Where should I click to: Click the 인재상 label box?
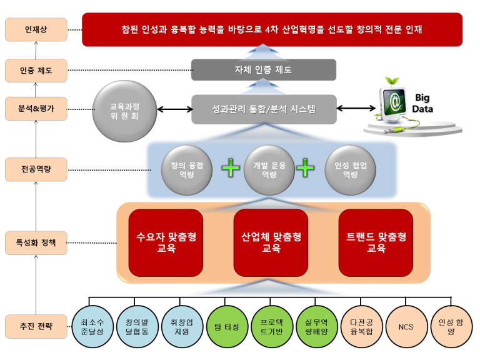click(36, 29)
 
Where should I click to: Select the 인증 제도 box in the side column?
click(36, 71)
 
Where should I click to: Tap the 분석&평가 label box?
click(36, 108)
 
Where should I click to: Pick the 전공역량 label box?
click(36, 169)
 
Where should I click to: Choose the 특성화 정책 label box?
click(36, 242)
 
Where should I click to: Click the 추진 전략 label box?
click(36, 326)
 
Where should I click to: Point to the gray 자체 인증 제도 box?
click(264, 70)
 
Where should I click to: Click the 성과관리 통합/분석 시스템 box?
click(264, 109)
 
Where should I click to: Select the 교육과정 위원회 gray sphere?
click(124, 111)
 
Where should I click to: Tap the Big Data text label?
click(422, 103)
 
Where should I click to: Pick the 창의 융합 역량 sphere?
click(187, 170)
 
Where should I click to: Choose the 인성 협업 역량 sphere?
click(351, 170)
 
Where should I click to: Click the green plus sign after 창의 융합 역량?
click(231, 167)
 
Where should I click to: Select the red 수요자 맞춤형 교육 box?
click(166, 242)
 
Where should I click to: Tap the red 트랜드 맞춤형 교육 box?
click(376, 242)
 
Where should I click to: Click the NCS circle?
click(406, 327)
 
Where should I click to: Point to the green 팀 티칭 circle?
click(227, 327)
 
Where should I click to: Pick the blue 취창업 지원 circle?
click(182, 327)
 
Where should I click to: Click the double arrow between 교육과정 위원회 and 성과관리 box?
click(175, 109)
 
